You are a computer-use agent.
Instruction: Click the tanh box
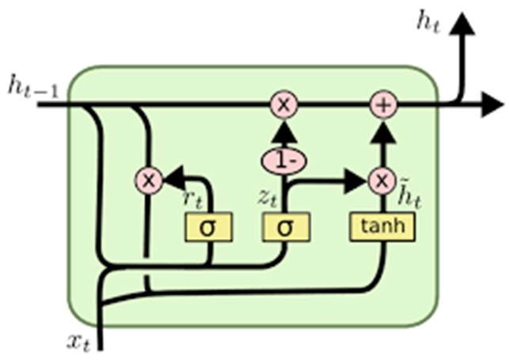tap(382, 227)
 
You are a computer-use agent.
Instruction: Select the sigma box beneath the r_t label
tap(208, 227)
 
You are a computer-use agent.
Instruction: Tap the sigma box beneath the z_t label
tap(286, 227)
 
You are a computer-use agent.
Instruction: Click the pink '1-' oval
tap(284, 161)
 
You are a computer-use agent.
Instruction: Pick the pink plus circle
tap(384, 104)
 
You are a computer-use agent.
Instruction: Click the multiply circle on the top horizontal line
tap(284, 104)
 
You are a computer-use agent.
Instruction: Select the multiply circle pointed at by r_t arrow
tap(149, 180)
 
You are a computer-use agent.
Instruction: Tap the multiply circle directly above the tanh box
tap(382, 180)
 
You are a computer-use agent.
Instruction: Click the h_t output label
tap(428, 23)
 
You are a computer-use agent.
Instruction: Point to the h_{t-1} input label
tap(34, 86)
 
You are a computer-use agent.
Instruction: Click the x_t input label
tap(78, 343)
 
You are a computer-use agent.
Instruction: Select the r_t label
tap(192, 199)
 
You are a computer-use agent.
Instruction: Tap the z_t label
tap(268, 197)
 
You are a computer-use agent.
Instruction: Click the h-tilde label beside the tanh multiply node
tap(409, 196)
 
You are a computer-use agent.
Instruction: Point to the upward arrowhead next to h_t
tap(462, 24)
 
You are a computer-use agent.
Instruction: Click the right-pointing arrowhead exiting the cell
tap(492, 104)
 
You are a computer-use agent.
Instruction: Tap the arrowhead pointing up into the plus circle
tap(384, 131)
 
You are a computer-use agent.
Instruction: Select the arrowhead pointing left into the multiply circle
tap(173, 178)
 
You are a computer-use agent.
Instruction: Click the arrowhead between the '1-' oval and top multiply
tap(284, 131)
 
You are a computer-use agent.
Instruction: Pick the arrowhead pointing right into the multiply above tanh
tap(355, 181)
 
